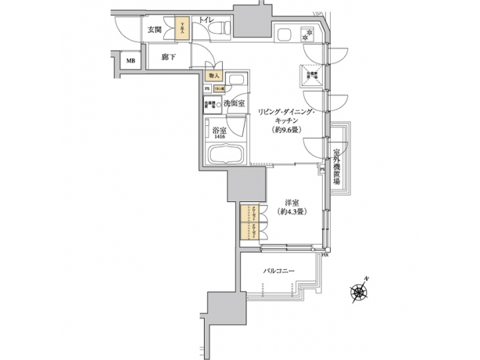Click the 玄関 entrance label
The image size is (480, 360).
point(155,29)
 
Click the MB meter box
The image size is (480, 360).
point(131,62)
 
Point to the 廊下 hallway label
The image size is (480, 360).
point(169,57)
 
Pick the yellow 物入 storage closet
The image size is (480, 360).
point(214,77)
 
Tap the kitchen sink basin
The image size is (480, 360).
point(281,33)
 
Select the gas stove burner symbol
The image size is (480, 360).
point(308,33)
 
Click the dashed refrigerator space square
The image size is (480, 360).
point(311,75)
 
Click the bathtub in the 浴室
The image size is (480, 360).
point(227,157)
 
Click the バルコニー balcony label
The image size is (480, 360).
point(278,270)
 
